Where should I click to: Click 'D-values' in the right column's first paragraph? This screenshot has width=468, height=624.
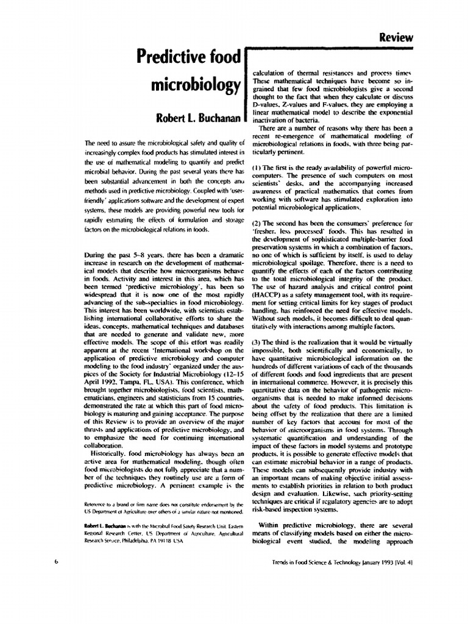(266, 105)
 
